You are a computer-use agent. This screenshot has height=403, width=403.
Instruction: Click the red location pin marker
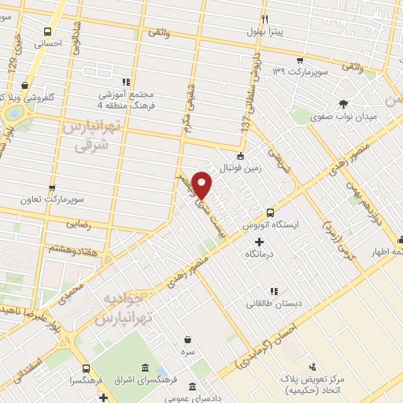click(202, 183)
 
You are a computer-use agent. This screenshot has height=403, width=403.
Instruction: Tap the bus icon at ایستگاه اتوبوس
click(270, 213)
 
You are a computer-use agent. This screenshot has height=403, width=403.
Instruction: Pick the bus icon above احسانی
click(50, 32)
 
